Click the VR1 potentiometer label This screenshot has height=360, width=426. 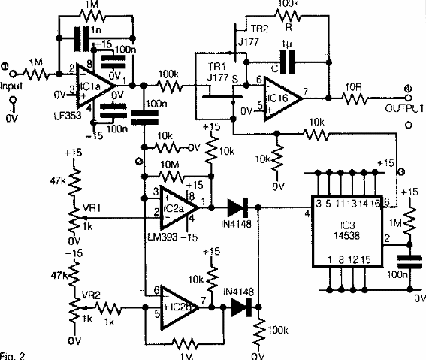90,204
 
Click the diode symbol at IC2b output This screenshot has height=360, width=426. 240,306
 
